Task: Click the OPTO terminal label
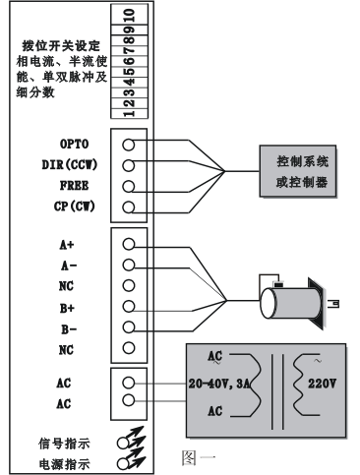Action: point(74,144)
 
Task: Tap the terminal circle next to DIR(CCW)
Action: point(128,165)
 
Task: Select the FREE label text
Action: point(74,186)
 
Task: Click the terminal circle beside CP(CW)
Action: point(128,208)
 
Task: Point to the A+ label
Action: point(67,245)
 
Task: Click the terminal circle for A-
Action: point(128,265)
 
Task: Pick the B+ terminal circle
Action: point(128,306)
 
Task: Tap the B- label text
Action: point(69,329)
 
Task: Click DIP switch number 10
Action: point(130,15)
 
